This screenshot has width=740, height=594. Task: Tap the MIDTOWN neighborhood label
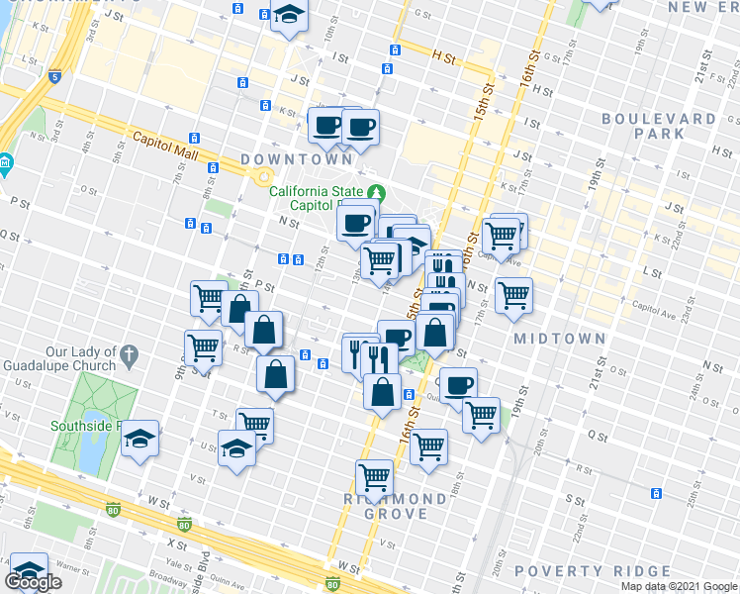(560, 339)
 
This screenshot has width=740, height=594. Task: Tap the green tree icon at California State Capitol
(376, 192)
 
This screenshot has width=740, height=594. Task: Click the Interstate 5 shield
(53, 75)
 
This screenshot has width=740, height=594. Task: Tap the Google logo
(33, 582)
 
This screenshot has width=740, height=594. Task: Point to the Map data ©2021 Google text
(679, 586)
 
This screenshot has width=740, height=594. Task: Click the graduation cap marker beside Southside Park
(140, 439)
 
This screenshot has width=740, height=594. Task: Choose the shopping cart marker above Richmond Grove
(375, 477)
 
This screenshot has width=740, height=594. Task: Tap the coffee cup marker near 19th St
(458, 385)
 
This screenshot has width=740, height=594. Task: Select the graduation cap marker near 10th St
(290, 16)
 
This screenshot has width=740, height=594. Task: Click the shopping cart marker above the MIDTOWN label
(513, 294)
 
